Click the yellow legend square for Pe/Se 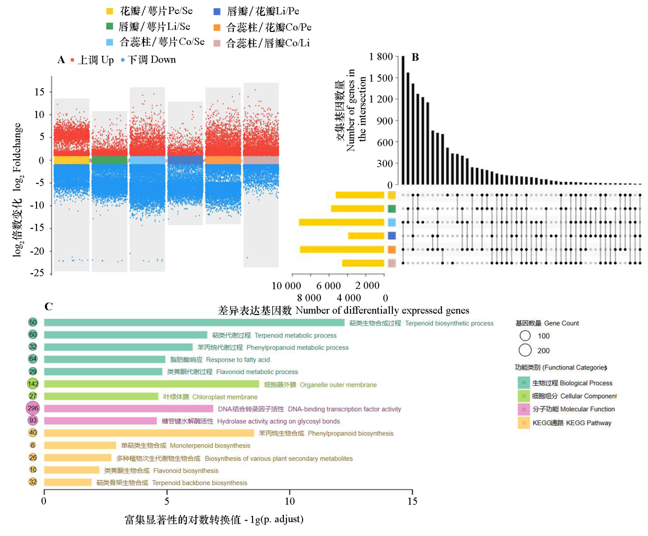110,11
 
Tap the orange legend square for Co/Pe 217,28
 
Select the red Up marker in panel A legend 72,60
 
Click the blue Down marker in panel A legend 122,60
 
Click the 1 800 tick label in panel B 381,57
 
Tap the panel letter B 415,57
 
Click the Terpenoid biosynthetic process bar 194,323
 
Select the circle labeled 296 33,408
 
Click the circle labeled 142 33,384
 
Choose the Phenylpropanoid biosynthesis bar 149,433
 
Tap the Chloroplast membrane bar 101,396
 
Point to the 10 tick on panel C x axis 289,500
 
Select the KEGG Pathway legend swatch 524,423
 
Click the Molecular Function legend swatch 524,409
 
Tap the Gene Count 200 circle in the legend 525,350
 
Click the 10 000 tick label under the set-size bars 286,286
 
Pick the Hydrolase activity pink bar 101,421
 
